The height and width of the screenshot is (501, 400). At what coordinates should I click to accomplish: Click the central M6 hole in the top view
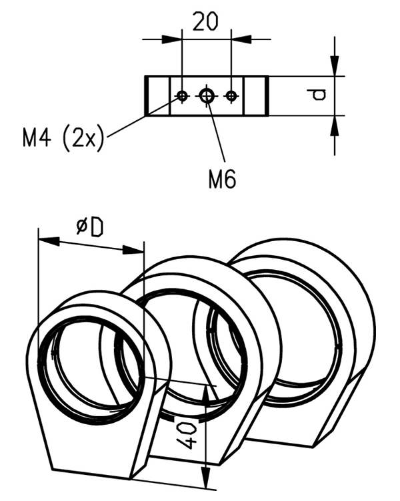pos(207,96)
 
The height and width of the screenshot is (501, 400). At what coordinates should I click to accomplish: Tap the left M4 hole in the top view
pos(181,96)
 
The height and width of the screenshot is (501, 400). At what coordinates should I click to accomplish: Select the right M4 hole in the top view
pos(231,96)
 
